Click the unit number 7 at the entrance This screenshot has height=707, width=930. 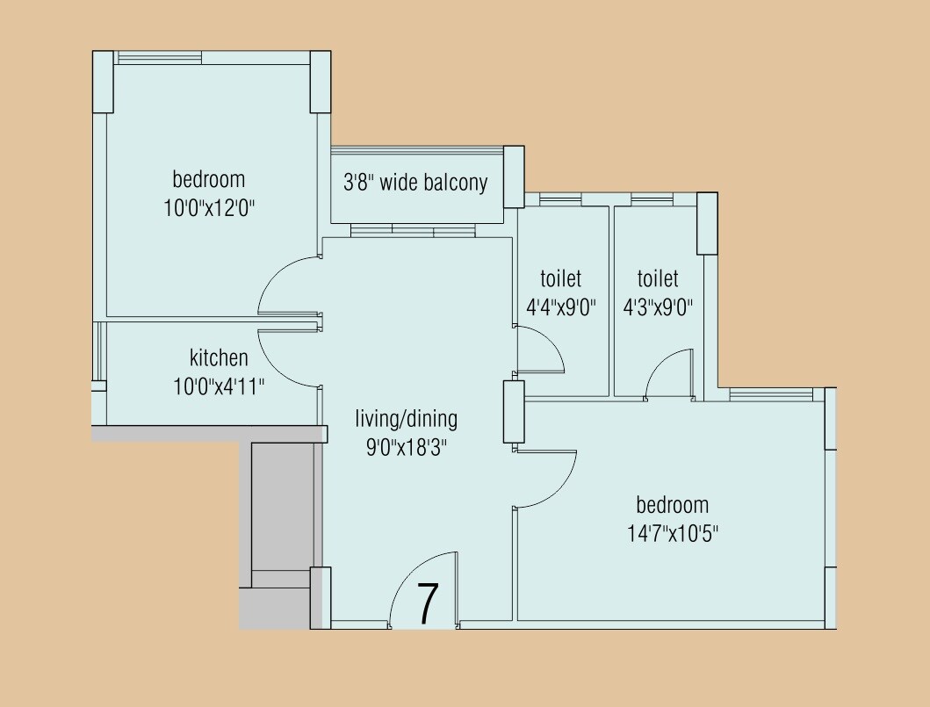click(x=427, y=603)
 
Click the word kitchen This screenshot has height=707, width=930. click(x=219, y=357)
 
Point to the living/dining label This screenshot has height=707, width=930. click(x=406, y=418)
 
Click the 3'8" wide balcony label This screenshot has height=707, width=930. click(x=415, y=183)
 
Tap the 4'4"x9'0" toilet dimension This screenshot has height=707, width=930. click(x=561, y=308)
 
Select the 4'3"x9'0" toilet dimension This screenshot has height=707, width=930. click(x=658, y=308)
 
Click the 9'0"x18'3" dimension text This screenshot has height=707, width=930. click(x=407, y=447)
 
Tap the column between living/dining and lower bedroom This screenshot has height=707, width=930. click(x=513, y=411)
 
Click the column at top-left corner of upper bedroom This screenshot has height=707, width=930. click(x=103, y=82)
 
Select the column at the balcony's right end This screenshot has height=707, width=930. click(x=513, y=177)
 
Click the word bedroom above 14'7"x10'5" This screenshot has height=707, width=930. click(x=672, y=505)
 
